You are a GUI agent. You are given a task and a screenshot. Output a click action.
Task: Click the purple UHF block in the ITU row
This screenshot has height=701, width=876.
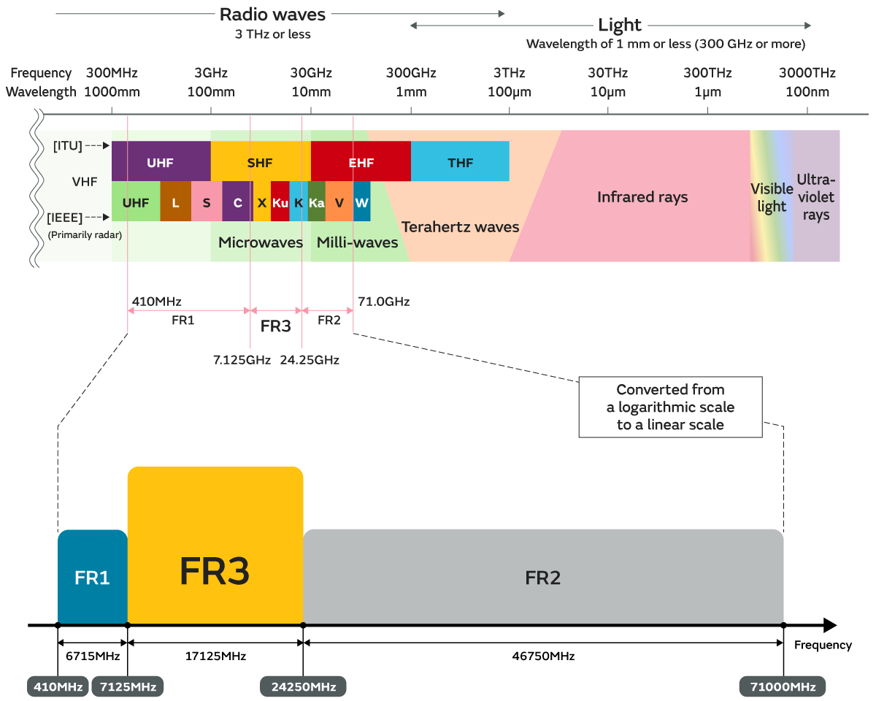tap(161, 162)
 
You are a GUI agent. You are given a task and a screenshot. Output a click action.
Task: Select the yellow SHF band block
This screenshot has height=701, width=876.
tap(261, 162)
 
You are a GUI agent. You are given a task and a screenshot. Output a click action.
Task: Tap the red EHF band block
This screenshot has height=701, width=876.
tap(361, 162)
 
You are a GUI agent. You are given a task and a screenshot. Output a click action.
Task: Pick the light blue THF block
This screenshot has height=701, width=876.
tap(460, 162)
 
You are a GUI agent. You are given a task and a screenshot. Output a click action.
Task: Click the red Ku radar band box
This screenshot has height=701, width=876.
tap(280, 202)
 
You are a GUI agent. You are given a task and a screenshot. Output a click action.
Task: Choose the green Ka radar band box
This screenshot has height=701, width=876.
tap(316, 202)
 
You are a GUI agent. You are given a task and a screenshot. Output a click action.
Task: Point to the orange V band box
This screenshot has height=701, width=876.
tap(339, 202)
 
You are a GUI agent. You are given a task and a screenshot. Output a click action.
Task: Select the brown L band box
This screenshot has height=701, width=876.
tap(175, 202)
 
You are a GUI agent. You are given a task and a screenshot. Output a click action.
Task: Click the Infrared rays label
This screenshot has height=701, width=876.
tap(642, 197)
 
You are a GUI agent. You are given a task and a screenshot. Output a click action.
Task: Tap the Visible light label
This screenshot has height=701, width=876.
tap(772, 197)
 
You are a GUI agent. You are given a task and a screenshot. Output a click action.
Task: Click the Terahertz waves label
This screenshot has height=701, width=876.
tap(460, 226)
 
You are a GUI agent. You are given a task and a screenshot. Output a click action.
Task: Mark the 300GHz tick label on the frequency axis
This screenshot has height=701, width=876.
tap(411, 73)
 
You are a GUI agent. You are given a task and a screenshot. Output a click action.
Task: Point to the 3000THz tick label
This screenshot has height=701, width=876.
tap(807, 73)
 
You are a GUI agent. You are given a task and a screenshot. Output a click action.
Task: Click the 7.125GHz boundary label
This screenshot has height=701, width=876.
tap(242, 360)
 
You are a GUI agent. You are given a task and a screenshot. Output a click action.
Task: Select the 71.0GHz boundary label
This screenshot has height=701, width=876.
tap(383, 301)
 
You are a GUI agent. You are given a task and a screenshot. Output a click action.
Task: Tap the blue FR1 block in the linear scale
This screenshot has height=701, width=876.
tap(92, 577)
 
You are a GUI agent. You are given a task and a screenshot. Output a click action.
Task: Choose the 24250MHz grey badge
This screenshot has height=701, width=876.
tap(303, 687)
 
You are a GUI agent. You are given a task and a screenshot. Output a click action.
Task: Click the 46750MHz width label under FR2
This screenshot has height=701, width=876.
tap(543, 656)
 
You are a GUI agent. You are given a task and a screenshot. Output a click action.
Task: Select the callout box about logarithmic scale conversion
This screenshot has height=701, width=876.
tap(670, 407)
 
